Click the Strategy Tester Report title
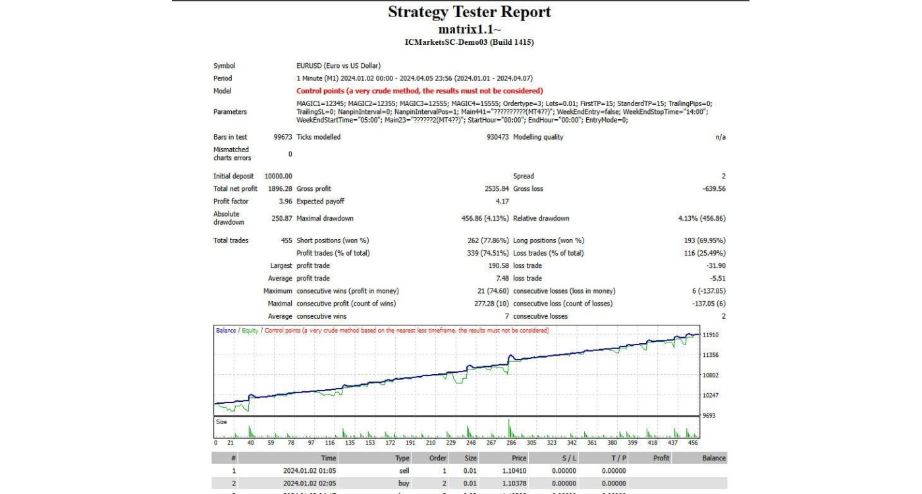point(469,12)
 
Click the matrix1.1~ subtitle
point(469,30)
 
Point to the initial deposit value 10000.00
point(278,176)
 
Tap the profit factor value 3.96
point(285,202)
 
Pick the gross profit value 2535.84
point(495,188)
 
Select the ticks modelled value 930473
point(494,137)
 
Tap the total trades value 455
point(286,240)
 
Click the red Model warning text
point(420,91)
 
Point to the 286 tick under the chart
point(511,443)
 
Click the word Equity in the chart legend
point(250,331)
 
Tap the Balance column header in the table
point(713,458)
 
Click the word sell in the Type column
point(403,471)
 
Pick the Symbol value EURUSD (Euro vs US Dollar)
point(339,66)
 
